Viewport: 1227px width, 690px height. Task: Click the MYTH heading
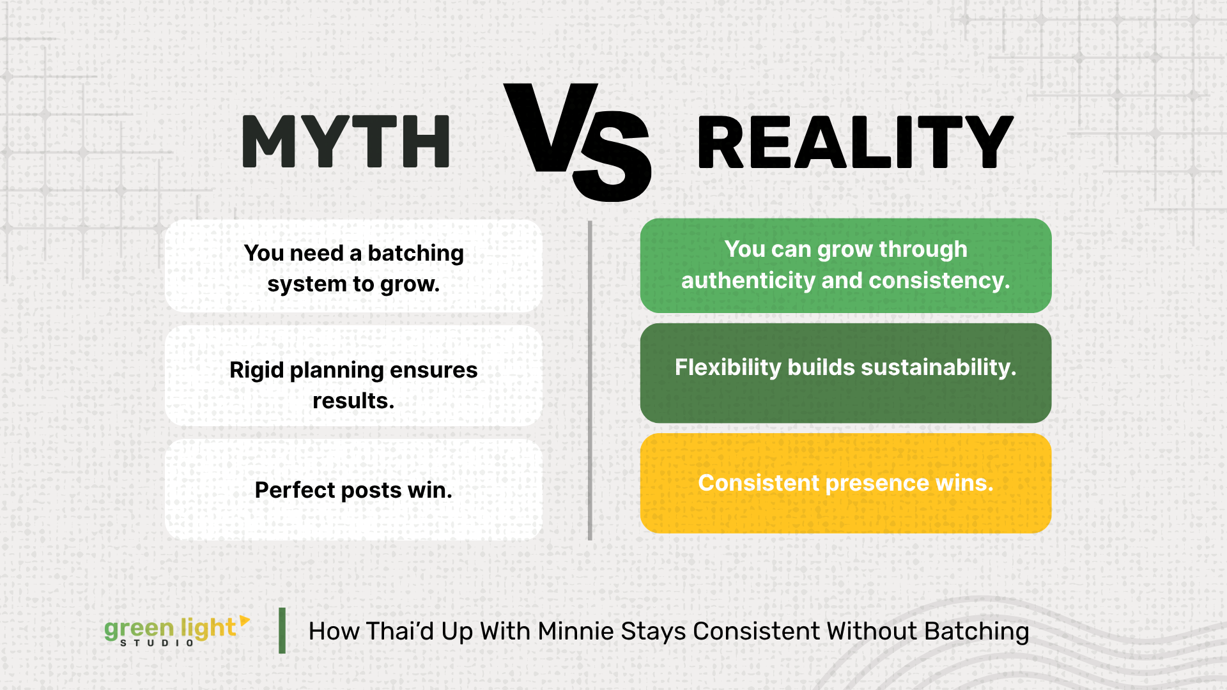coord(346,142)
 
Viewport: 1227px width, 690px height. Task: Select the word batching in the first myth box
coord(415,254)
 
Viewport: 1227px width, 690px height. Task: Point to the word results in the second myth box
coord(353,401)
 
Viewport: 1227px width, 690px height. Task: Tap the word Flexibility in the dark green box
coord(728,367)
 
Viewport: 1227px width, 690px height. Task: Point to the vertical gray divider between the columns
coord(590,381)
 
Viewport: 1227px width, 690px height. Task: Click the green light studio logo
coord(177,631)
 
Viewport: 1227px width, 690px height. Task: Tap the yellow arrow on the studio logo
coord(245,621)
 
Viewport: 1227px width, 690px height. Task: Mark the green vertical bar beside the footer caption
coord(282,631)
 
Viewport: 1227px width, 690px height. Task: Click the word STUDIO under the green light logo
coord(157,643)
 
